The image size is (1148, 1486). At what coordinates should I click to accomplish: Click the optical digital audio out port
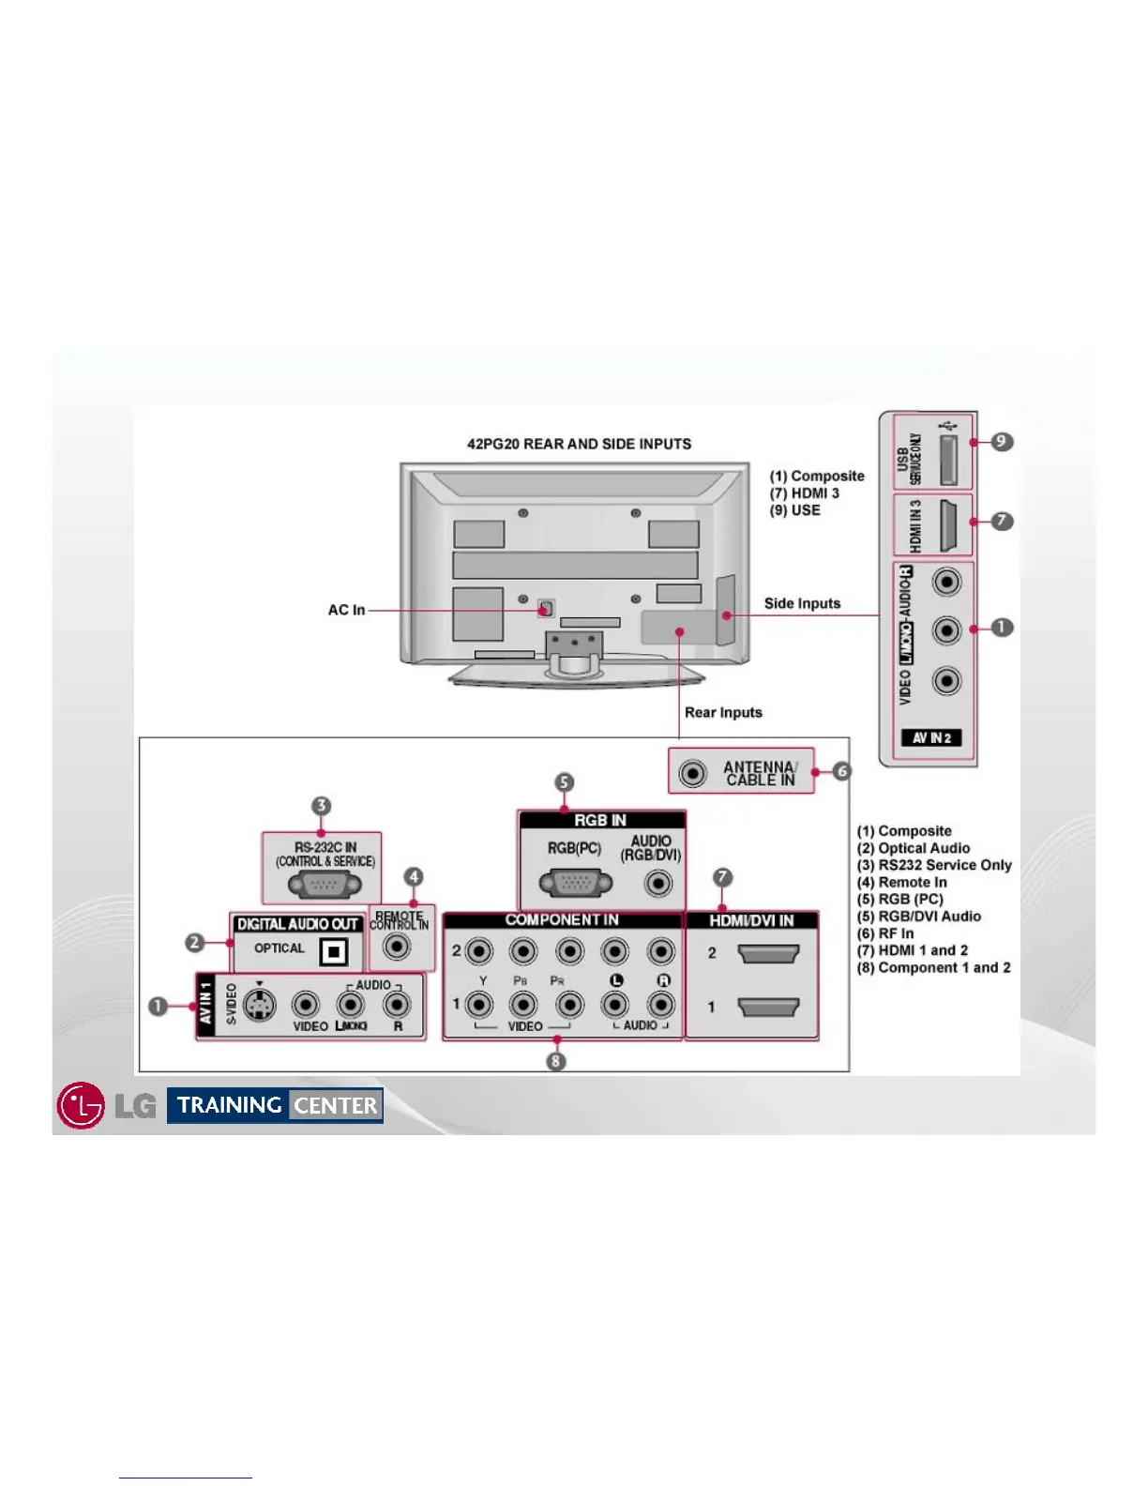click(x=333, y=952)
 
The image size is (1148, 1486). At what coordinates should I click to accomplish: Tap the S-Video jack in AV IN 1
click(x=260, y=1006)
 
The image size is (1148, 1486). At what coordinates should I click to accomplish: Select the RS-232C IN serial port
click(x=324, y=884)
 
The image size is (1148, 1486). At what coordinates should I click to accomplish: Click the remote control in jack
click(x=398, y=947)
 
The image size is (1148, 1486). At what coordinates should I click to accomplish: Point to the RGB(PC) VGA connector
click(x=575, y=883)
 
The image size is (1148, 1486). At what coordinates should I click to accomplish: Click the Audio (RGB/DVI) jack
click(x=659, y=883)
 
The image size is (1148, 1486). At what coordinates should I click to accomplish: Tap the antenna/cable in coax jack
click(x=692, y=773)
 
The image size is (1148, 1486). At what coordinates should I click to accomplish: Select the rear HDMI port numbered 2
click(x=768, y=954)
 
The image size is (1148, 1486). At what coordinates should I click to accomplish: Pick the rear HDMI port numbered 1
click(x=768, y=1008)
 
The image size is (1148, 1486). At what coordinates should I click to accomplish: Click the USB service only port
click(x=947, y=454)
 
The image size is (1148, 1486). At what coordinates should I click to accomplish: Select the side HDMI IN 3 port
click(x=947, y=525)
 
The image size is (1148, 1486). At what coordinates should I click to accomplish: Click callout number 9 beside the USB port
click(x=1003, y=441)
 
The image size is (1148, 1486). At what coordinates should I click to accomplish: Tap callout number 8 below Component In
click(x=556, y=1061)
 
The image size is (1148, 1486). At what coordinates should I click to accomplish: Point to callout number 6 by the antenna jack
click(x=841, y=771)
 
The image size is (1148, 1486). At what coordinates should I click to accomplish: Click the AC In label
click(x=346, y=610)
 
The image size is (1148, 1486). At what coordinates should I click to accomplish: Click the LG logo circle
click(x=81, y=1105)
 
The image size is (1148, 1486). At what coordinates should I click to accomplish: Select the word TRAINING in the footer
click(x=230, y=1105)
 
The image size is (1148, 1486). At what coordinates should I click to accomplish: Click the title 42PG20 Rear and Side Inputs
click(x=579, y=444)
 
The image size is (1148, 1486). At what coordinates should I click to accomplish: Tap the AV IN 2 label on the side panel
click(x=931, y=737)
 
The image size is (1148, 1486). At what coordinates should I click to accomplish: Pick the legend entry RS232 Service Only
click(x=934, y=865)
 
